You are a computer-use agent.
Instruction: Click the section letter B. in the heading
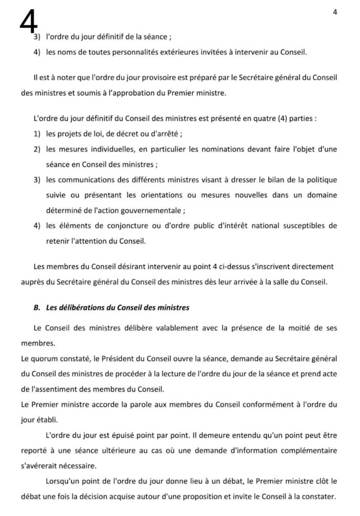(x=37, y=308)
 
